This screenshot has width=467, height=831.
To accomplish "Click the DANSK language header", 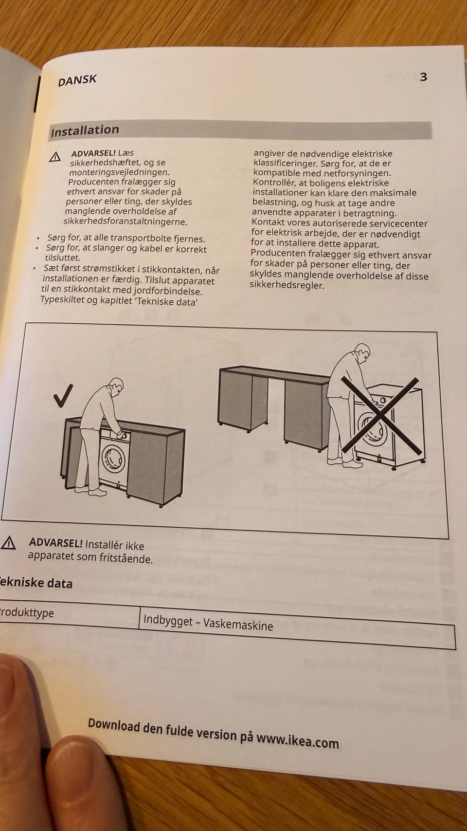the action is pyautogui.click(x=77, y=80).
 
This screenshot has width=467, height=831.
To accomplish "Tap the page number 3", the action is pyautogui.click(x=423, y=77).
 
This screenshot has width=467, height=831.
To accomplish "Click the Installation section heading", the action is pyautogui.click(x=85, y=130).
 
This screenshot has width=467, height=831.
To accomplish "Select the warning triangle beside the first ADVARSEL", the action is pyautogui.click(x=55, y=157).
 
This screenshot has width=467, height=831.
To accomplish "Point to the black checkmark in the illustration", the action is pyautogui.click(x=63, y=395).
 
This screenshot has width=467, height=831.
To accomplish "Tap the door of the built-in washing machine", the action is pyautogui.click(x=113, y=459).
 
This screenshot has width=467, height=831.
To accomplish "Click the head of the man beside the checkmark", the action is pyautogui.click(x=116, y=387).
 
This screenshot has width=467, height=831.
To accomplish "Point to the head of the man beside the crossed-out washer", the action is pyautogui.click(x=362, y=353).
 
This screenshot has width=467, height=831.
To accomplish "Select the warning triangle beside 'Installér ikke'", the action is pyautogui.click(x=8, y=543).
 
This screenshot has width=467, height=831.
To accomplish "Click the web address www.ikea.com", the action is pyautogui.click(x=298, y=740).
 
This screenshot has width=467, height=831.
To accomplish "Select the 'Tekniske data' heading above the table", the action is pyautogui.click(x=36, y=583).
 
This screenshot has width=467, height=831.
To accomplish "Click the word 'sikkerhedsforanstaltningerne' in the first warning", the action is pyautogui.click(x=126, y=222).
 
